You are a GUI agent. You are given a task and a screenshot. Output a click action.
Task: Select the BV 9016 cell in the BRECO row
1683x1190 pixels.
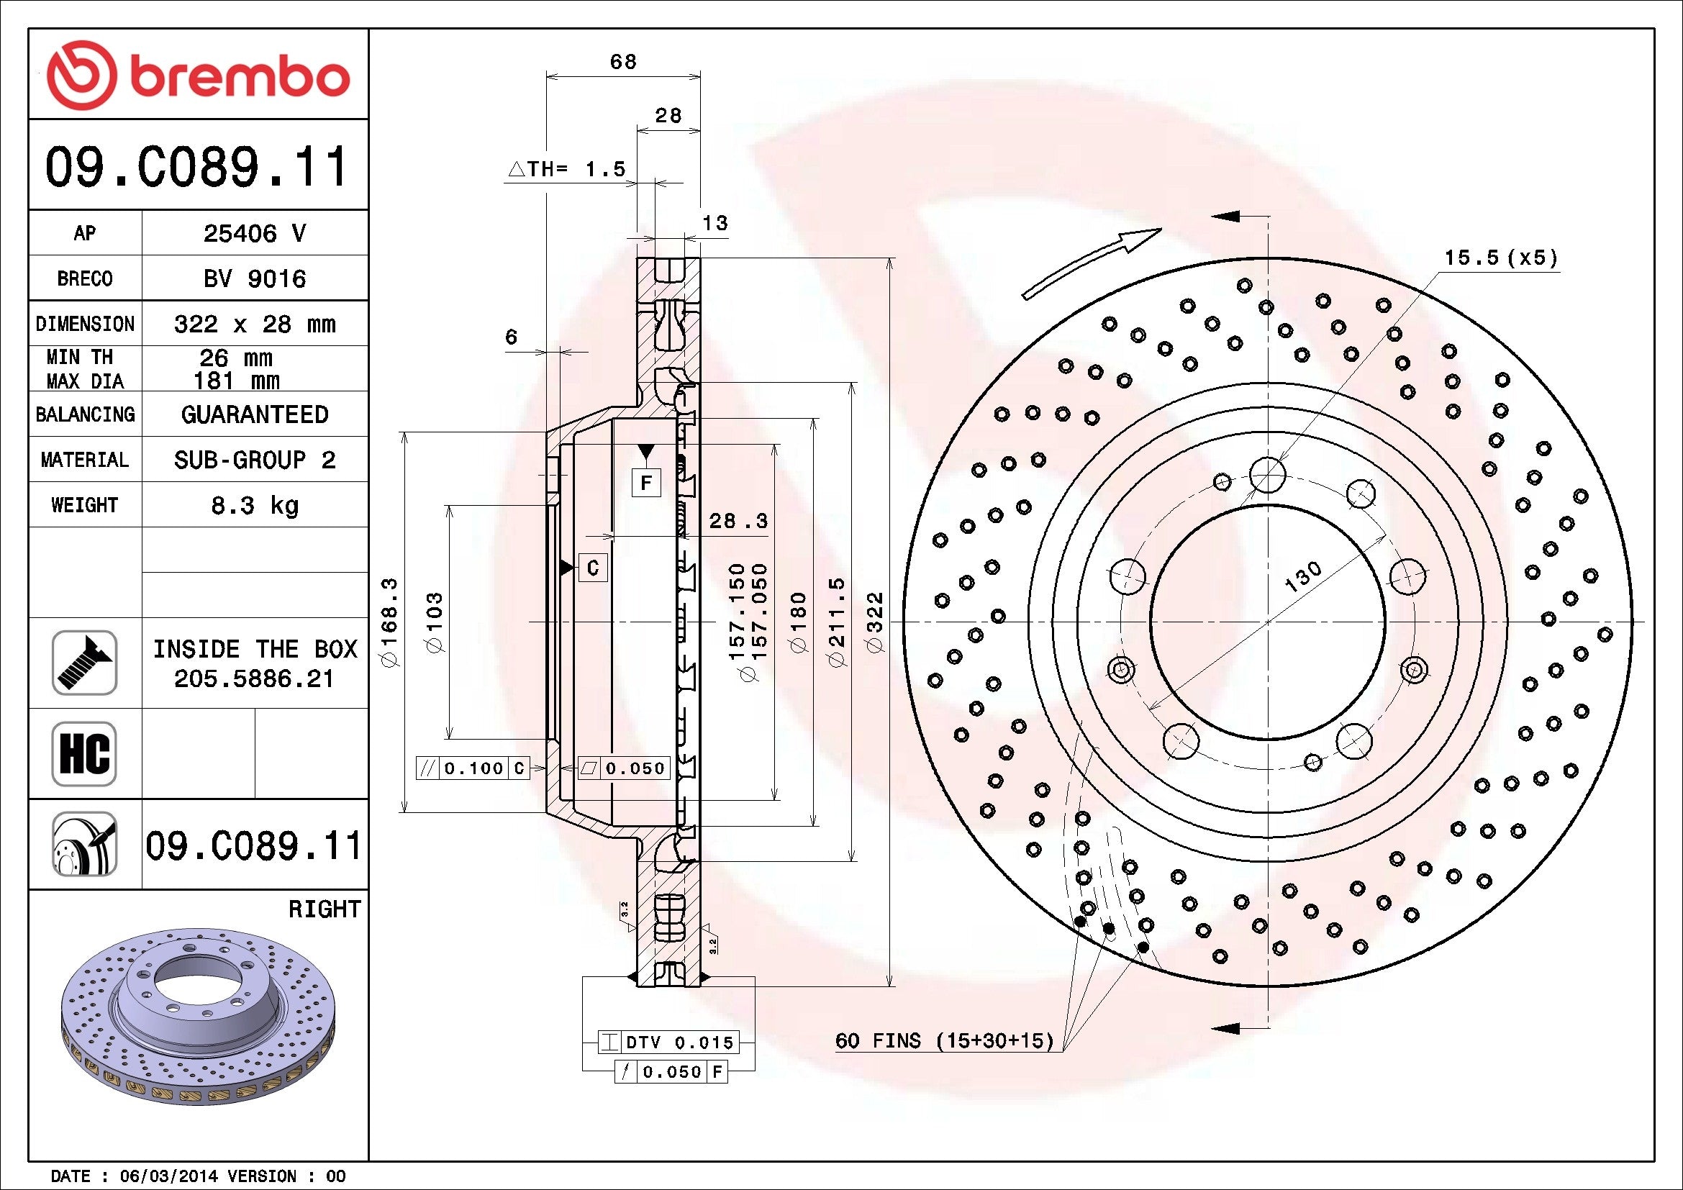pyautogui.click(x=254, y=278)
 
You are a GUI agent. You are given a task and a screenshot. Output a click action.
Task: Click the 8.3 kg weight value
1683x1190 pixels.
pyautogui.click(x=254, y=505)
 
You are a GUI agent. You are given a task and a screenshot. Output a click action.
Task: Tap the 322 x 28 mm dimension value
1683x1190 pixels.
pyautogui.click(x=254, y=324)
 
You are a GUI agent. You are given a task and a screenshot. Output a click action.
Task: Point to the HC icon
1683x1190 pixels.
pyautogui.click(x=83, y=753)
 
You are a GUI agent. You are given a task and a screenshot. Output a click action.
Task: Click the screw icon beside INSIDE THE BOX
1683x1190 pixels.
pyautogui.click(x=83, y=663)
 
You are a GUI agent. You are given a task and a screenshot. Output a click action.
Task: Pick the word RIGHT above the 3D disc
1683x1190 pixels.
pyautogui.click(x=324, y=909)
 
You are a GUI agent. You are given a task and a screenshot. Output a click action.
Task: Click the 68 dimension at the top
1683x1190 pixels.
pyautogui.click(x=623, y=62)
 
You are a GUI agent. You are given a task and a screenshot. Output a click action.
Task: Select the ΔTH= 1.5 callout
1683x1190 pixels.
pyautogui.click(x=566, y=169)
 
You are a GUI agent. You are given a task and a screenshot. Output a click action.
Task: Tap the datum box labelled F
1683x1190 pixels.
pyautogui.click(x=645, y=483)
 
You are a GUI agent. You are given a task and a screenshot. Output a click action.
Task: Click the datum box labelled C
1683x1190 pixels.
pyautogui.click(x=593, y=568)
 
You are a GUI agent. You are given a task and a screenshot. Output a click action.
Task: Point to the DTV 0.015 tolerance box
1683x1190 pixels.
pyautogui.click(x=668, y=1042)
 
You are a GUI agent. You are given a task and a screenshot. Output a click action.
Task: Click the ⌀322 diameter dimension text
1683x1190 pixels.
pyautogui.click(x=876, y=622)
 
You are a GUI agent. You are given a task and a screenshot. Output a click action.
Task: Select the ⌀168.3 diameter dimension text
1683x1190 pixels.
pyautogui.click(x=389, y=622)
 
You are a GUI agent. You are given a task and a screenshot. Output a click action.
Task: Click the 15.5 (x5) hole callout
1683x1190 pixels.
pyautogui.click(x=1500, y=258)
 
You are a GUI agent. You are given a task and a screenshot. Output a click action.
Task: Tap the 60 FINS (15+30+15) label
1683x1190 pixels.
pyautogui.click(x=944, y=1040)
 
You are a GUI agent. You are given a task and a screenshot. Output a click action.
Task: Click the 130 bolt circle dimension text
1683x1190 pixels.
pyautogui.click(x=1302, y=577)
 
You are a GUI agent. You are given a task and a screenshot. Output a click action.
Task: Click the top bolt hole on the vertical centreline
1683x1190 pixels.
pyautogui.click(x=1267, y=475)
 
